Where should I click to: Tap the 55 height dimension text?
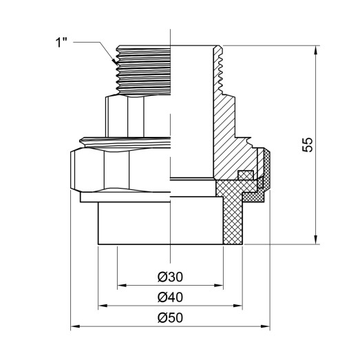[308, 145]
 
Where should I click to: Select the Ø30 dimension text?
[169, 277]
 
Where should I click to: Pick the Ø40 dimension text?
[169, 298]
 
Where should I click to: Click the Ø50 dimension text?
[169, 319]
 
